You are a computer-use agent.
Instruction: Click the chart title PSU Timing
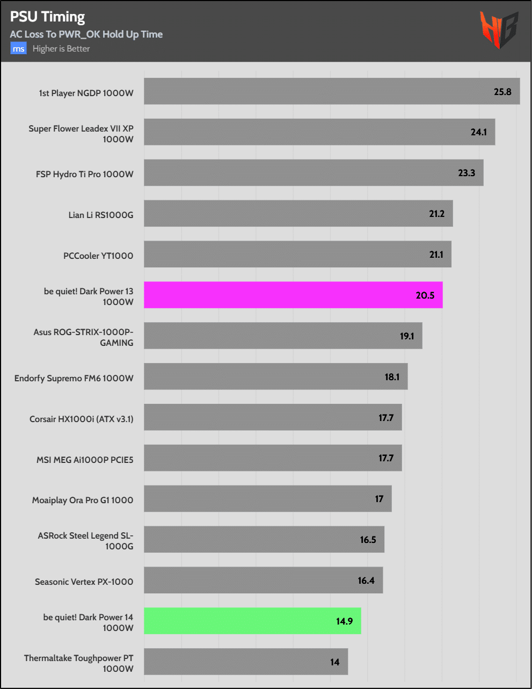coord(47,17)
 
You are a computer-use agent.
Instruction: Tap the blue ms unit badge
coord(18,49)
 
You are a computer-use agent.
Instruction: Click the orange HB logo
coord(499,30)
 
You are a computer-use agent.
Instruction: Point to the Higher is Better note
coord(61,49)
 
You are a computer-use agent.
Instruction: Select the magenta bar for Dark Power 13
coord(293,295)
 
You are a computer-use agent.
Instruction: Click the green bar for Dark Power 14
coord(252,621)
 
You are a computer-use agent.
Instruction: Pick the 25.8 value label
coord(502,92)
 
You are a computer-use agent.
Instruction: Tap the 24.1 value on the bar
coord(478,132)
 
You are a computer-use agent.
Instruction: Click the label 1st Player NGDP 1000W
coord(86,93)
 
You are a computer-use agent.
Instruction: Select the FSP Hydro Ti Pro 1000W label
coord(84,175)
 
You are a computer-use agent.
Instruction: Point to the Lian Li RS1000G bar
coord(298,214)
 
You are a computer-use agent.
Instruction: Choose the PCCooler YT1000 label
coord(98,256)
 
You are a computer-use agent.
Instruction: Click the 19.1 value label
coord(407,336)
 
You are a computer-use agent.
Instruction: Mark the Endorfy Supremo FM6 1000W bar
coord(275,376)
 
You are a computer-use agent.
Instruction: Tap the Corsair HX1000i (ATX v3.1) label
coord(81,419)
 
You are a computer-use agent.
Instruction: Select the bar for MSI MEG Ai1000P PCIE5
coord(273,458)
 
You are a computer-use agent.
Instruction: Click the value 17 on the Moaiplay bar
coord(379,499)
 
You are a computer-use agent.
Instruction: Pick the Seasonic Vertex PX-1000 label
coord(84,582)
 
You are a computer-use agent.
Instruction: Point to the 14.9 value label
coord(344,621)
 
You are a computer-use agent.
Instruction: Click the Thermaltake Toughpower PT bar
coord(246,662)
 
